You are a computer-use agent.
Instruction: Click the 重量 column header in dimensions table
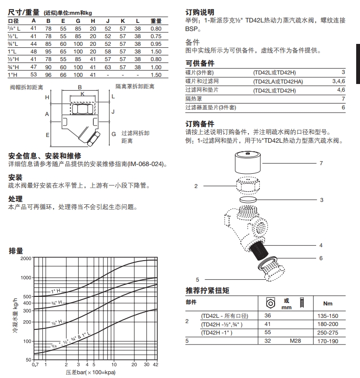tap(156, 21)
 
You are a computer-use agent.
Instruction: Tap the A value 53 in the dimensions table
tap(33, 75)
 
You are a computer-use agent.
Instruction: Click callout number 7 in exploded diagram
tap(321, 163)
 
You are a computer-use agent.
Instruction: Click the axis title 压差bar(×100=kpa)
tap(90, 372)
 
